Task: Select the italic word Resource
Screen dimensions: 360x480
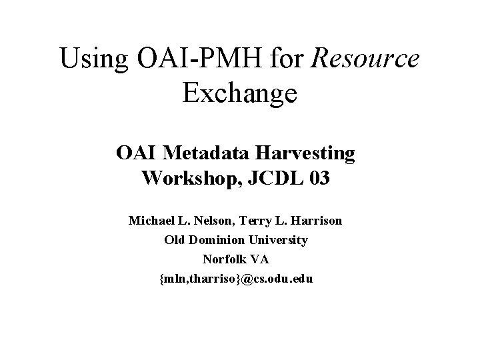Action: coord(367,59)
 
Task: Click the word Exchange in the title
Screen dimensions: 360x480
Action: coord(239,93)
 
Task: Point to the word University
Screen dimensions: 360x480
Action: coord(280,239)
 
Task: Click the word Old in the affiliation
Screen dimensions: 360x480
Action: coord(175,239)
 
